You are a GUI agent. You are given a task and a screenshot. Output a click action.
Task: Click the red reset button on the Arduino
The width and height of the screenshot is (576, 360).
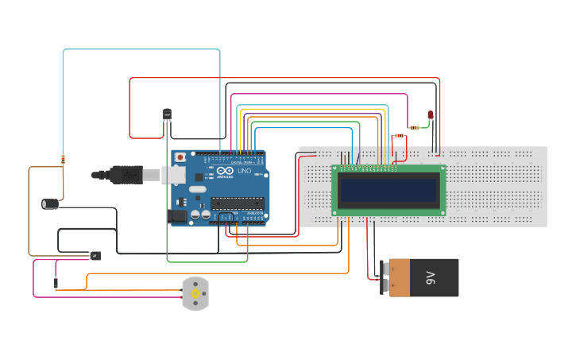180,157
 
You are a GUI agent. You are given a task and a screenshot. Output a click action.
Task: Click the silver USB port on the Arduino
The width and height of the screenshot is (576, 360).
174,175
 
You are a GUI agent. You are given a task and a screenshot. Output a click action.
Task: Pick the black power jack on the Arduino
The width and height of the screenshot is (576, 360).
179,215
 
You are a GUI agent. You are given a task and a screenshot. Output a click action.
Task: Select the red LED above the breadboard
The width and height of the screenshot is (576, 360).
430,115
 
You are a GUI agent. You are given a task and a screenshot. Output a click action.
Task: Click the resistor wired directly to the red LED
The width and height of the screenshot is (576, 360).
413,127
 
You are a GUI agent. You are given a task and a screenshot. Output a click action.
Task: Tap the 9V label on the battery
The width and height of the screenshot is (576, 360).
431,277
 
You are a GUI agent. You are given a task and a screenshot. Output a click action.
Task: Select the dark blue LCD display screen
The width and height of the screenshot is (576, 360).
388,190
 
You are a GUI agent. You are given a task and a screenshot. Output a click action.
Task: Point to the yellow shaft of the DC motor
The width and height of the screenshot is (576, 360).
195,294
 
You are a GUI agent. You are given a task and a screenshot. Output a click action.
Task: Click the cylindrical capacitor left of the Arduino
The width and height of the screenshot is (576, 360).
52,203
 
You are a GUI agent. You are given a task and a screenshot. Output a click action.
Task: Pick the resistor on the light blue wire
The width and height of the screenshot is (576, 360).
63,159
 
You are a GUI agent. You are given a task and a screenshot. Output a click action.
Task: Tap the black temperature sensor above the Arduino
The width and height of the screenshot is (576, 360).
167,114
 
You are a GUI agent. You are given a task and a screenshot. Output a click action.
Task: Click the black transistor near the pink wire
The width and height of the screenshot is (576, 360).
95,256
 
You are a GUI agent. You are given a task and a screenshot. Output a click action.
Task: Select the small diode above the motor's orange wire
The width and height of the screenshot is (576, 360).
56,279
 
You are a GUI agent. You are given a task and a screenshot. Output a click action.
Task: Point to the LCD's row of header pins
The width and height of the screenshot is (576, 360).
367,168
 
